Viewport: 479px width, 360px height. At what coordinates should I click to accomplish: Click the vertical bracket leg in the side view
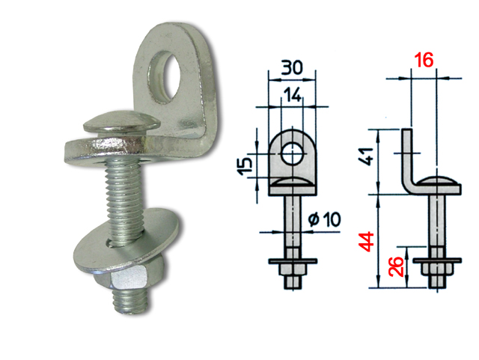(406, 157)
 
